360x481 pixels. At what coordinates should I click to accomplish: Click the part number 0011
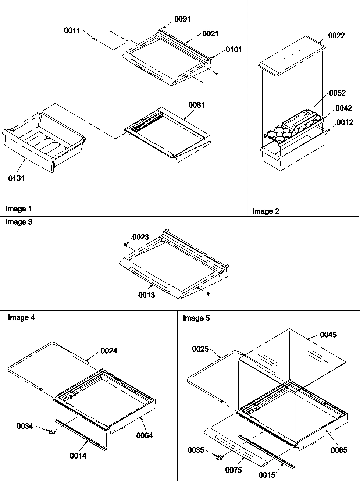tap(72, 31)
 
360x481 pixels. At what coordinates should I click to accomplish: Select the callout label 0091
tap(182, 19)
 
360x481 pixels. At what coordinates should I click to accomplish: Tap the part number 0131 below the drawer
tap(17, 179)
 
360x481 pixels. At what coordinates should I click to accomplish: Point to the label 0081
tap(197, 105)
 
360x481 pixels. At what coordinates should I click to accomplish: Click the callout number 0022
tap(336, 35)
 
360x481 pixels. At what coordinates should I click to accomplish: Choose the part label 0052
tap(338, 93)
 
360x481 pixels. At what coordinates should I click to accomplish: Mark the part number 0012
tap(345, 122)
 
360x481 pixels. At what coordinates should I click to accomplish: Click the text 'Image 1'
tap(19, 209)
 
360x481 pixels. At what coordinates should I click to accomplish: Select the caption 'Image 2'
tap(265, 211)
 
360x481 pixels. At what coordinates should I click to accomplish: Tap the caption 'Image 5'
tap(196, 318)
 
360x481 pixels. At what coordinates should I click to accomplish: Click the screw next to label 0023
tap(126, 245)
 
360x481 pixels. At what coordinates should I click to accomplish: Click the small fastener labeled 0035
tap(220, 457)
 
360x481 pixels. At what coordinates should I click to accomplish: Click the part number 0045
tap(328, 335)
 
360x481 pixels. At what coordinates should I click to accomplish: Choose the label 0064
tap(145, 436)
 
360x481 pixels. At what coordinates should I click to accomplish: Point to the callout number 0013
tap(147, 295)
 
